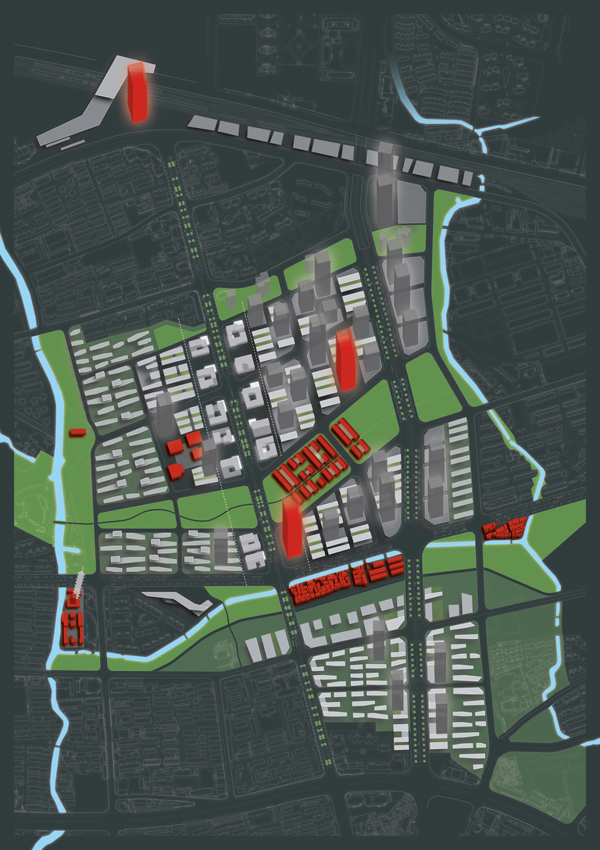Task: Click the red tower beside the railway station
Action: [137, 92]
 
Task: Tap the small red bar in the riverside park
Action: [77, 431]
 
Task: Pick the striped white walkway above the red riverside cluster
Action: [77, 582]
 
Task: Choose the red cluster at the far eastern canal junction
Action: [505, 529]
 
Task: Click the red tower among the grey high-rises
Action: [345, 359]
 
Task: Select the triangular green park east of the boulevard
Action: [432, 387]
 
